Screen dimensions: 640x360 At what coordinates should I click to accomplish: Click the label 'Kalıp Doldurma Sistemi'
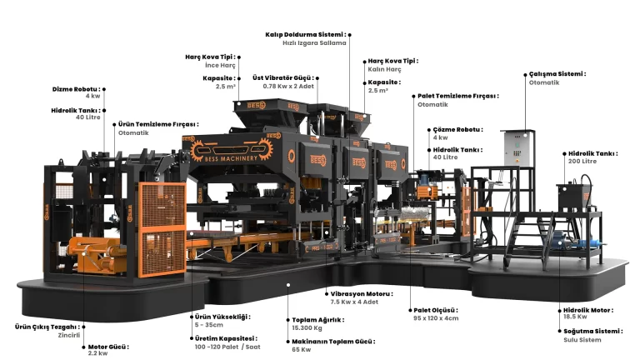(x=305, y=35)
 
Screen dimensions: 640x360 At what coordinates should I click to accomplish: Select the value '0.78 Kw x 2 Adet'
(x=288, y=86)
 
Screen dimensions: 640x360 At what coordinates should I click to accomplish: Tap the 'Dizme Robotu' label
(x=76, y=89)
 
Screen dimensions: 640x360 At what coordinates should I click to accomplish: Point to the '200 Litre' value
(x=582, y=161)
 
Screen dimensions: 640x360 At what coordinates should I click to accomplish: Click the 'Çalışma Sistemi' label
(x=557, y=74)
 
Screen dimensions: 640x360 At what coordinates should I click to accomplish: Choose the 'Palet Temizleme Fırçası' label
(x=458, y=96)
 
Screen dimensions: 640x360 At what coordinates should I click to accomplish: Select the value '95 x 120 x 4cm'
(x=436, y=318)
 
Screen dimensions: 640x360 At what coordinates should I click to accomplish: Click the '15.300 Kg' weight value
(x=307, y=327)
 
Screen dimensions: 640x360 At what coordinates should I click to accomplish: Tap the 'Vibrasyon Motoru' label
(x=362, y=294)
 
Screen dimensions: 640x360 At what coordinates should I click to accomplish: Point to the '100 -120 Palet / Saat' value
(x=227, y=347)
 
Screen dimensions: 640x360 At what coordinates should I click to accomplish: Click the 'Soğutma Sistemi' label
(x=593, y=331)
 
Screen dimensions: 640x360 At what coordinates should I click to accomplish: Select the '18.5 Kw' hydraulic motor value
(x=575, y=317)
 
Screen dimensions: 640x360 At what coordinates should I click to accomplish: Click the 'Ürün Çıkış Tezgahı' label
(x=47, y=327)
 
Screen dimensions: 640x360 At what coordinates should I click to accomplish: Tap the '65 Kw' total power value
(x=301, y=349)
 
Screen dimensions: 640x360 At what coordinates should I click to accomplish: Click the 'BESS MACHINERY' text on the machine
(x=231, y=158)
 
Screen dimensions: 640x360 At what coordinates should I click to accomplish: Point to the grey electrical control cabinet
(x=517, y=148)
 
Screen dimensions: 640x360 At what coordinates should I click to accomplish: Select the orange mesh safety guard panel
(x=162, y=229)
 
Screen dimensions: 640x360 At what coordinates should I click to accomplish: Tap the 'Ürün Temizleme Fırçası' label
(x=158, y=124)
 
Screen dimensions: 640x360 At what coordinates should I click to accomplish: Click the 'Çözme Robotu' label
(x=458, y=129)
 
